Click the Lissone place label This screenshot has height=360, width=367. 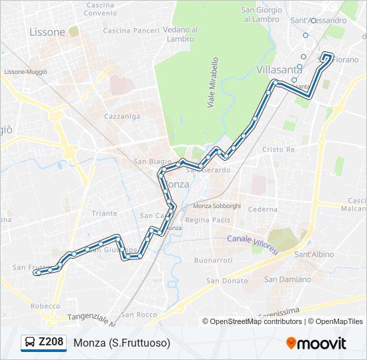click(x=47, y=32)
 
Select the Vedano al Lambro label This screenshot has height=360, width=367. click(x=181, y=34)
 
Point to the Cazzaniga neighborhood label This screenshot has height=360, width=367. click(x=121, y=116)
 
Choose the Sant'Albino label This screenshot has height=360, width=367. click(x=314, y=255)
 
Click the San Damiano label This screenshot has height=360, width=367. click(x=288, y=279)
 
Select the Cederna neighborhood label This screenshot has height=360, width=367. click(x=262, y=209)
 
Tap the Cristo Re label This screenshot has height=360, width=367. click(x=278, y=150)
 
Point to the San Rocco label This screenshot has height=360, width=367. click(x=139, y=314)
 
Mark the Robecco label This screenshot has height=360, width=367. click(x=45, y=306)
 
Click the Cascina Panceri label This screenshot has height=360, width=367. click(x=131, y=31)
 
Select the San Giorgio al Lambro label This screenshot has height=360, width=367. click(x=261, y=14)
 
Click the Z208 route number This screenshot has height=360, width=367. click(x=51, y=343)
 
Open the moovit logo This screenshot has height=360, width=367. click(x=316, y=343)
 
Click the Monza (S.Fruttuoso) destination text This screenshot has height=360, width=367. click(x=122, y=343)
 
